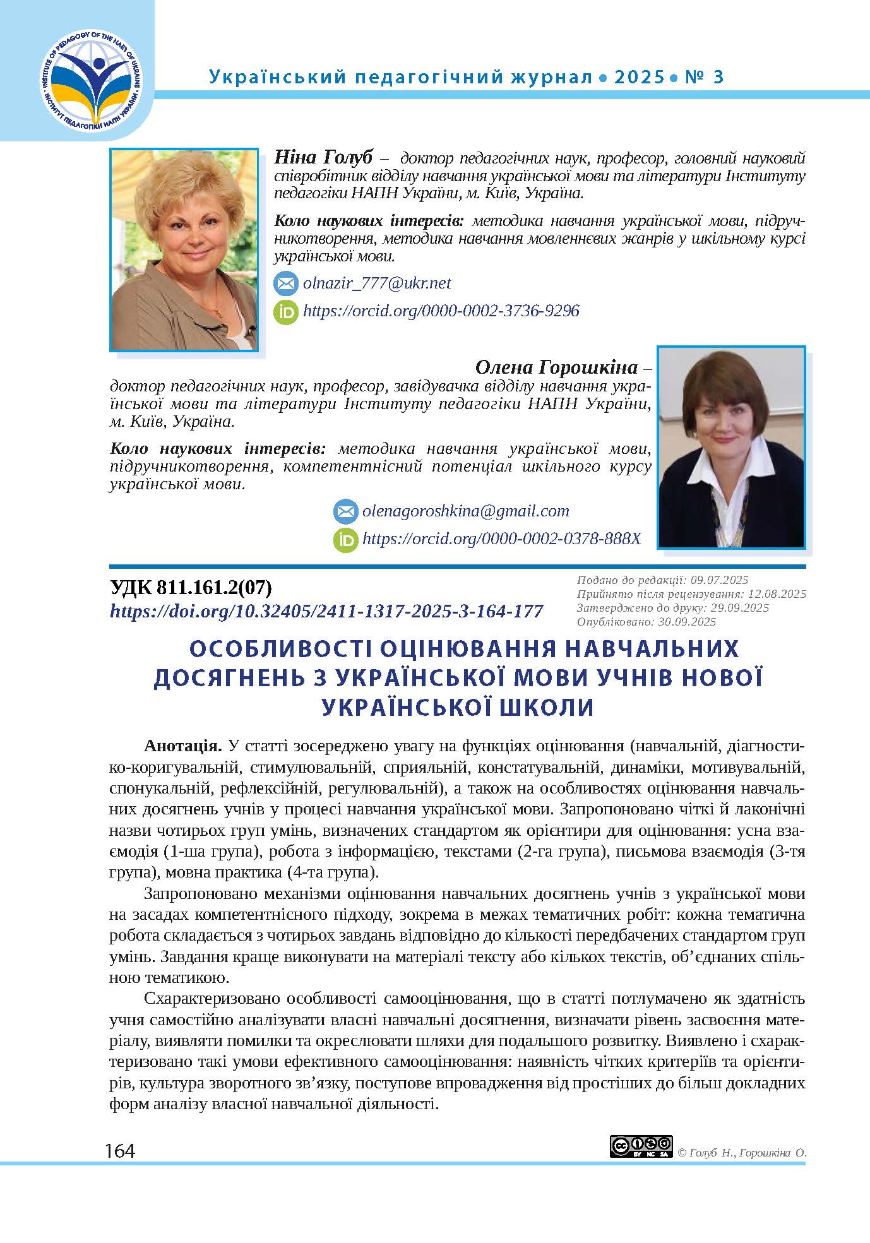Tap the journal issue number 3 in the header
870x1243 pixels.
coord(717,77)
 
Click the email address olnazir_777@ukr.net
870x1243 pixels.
coord(377,283)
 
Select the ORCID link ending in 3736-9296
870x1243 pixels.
coord(441,311)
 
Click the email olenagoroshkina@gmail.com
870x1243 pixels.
coord(465,511)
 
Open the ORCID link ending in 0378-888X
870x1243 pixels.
coord(501,538)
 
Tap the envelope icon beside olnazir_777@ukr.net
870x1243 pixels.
coord(285,283)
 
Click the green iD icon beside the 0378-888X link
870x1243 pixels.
coord(345,539)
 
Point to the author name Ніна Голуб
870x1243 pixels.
coord(324,157)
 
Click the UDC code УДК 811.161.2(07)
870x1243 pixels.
coord(191,588)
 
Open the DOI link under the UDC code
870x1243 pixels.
coord(326,611)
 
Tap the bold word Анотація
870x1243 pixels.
coord(183,746)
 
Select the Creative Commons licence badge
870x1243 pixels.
coord(641,1146)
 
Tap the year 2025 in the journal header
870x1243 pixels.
coord(639,77)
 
